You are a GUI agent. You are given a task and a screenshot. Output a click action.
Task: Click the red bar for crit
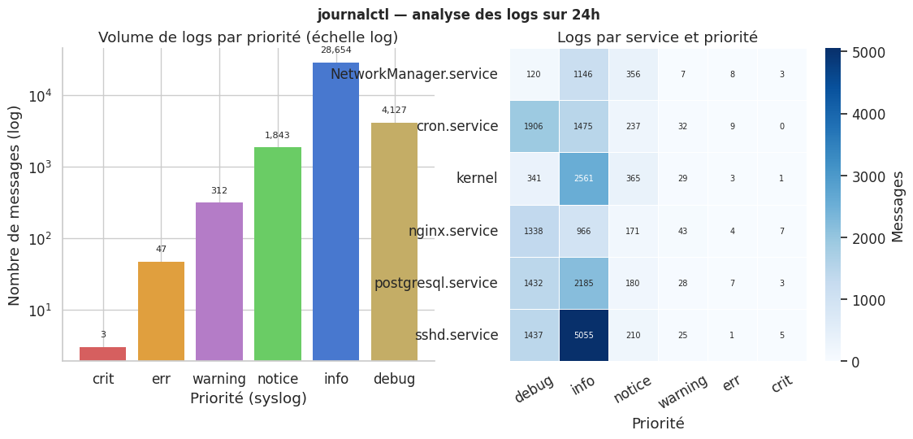[x=103, y=354]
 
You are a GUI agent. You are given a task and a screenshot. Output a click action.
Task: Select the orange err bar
[x=161, y=311]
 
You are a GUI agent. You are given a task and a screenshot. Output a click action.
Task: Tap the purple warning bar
[x=219, y=281]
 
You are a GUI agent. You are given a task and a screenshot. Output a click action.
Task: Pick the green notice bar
[x=278, y=254]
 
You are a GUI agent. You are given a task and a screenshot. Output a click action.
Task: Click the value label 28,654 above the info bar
[x=336, y=50]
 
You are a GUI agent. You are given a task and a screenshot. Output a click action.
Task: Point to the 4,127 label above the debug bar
[x=394, y=111]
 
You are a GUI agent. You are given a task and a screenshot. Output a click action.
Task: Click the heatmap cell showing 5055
[x=583, y=335]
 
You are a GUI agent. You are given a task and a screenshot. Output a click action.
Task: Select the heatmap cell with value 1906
[x=534, y=126]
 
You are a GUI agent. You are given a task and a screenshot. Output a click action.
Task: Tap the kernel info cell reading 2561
[x=583, y=178]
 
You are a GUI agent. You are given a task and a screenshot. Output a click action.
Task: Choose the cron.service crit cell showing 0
[x=781, y=126]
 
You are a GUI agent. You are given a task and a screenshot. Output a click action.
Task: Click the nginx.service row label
[x=453, y=231]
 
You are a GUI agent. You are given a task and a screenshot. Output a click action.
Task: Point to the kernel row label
[x=477, y=178]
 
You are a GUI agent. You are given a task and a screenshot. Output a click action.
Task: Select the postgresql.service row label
[x=436, y=283]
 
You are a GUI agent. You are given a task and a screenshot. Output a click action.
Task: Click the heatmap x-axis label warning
[x=677, y=392]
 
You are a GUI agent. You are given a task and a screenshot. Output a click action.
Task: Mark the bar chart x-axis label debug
[x=394, y=379]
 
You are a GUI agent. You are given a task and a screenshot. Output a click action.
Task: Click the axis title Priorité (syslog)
[x=249, y=399]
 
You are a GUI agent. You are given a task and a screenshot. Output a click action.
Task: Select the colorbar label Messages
[x=898, y=206]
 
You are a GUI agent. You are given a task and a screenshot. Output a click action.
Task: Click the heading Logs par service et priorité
[x=657, y=37]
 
